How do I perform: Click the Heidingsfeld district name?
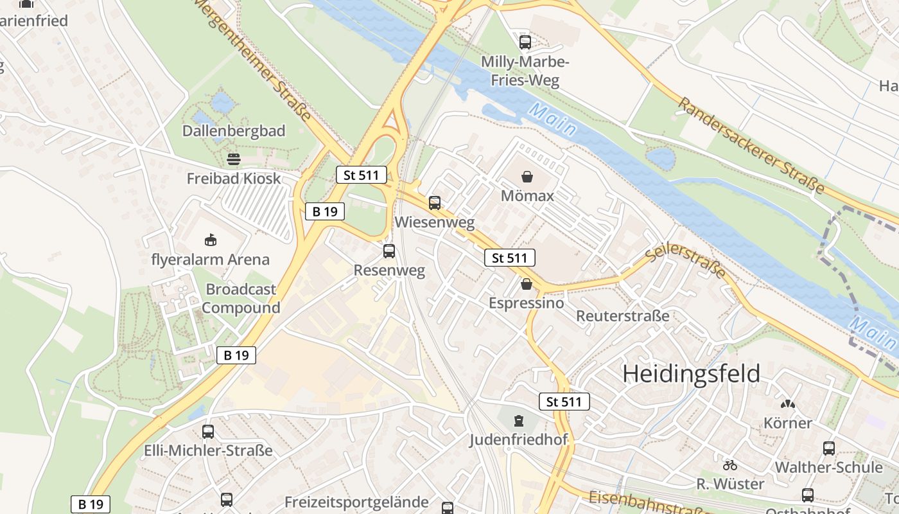pyautogui.click(x=692, y=373)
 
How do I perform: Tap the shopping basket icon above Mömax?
pyautogui.click(x=527, y=176)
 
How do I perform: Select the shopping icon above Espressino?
pyautogui.click(x=527, y=283)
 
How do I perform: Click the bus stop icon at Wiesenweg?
pyautogui.click(x=435, y=203)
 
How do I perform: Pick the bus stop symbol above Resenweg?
pyautogui.click(x=389, y=251)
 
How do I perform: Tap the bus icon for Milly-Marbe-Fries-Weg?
pyautogui.click(x=525, y=42)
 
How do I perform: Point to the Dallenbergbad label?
pyautogui.click(x=234, y=131)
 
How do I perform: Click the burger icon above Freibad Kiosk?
pyautogui.click(x=234, y=159)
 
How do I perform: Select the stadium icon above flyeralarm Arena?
pyautogui.click(x=210, y=240)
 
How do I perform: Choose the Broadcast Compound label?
pyautogui.click(x=241, y=299)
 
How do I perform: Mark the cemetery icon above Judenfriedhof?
pyautogui.click(x=518, y=421)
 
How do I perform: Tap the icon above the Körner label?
pyautogui.click(x=787, y=404)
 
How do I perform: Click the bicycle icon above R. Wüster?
pyautogui.click(x=730, y=465)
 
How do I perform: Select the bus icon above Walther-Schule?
pyautogui.click(x=829, y=448)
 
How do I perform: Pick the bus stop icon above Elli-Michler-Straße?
pyautogui.click(x=208, y=432)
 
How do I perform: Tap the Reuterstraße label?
pyautogui.click(x=622, y=316)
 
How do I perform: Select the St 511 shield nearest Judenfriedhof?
pyautogui.click(x=564, y=402)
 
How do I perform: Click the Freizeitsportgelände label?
pyautogui.click(x=356, y=502)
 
